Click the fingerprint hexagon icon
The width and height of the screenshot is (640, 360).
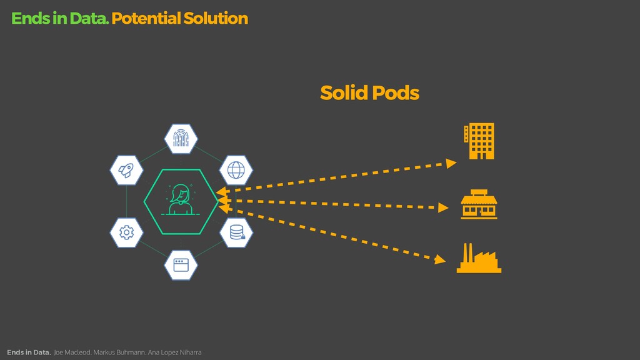tap(181, 139)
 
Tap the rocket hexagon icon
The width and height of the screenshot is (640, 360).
tap(126, 169)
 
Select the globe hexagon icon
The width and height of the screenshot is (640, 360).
tap(236, 169)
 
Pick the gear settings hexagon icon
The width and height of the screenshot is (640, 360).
tap(126, 232)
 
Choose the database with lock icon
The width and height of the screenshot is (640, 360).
tap(237, 232)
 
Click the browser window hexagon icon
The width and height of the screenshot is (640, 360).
tap(181, 264)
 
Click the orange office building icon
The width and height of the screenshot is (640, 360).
tap(479, 141)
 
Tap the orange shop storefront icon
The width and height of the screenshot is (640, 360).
tap(479, 204)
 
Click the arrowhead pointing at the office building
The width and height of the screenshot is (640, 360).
tap(451, 162)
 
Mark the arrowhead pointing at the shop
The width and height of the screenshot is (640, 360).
tap(443, 207)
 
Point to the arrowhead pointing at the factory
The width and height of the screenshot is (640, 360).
tap(441, 259)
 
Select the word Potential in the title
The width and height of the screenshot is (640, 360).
tap(146, 19)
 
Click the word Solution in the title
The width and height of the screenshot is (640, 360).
tap(216, 19)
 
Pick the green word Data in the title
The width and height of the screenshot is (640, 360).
tap(89, 19)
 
